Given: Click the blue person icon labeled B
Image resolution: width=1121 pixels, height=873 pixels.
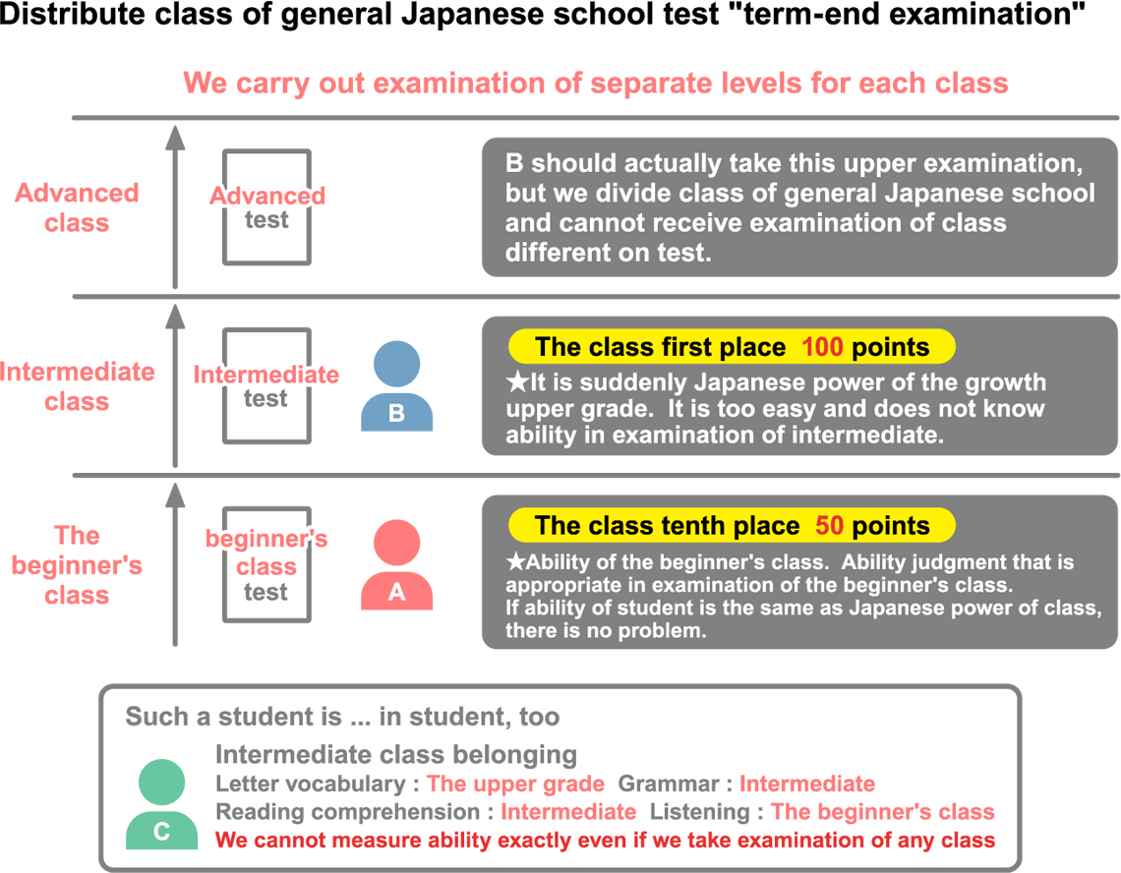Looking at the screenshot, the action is tap(397, 386).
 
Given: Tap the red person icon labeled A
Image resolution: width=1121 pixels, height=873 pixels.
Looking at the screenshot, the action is tap(397, 565).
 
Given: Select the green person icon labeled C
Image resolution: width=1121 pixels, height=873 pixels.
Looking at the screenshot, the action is tap(161, 804).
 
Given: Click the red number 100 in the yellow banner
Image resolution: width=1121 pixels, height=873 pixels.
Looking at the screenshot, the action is tap(822, 347).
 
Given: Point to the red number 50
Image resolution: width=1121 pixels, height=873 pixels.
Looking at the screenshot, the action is tap(829, 526).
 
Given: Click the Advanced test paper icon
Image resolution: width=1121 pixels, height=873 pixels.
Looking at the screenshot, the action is tap(266, 206).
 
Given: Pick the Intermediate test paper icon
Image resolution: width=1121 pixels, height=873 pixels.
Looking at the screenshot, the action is tap(266, 385).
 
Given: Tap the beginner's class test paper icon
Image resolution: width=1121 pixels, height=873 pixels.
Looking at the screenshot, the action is tap(266, 564).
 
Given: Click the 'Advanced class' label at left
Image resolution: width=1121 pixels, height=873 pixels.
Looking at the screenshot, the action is tap(78, 207).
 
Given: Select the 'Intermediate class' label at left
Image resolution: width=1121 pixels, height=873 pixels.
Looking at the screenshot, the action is tap(77, 386).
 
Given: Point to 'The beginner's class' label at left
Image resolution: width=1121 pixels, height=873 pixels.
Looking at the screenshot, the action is tap(78, 565).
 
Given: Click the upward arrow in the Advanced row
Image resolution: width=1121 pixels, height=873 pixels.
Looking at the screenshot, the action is tap(175, 207).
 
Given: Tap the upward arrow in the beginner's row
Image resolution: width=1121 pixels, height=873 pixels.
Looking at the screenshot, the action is tap(175, 564).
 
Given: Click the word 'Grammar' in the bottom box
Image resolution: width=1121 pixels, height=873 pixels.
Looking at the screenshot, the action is tap(669, 785).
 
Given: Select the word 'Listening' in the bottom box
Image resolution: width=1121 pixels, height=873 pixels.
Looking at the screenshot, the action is tap(699, 813).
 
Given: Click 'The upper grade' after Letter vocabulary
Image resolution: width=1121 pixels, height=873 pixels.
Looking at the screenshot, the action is tap(515, 785).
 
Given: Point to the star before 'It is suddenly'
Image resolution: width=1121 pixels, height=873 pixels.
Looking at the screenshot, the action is tap(517, 382).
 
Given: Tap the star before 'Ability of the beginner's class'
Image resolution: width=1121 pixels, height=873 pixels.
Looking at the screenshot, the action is tap(515, 562).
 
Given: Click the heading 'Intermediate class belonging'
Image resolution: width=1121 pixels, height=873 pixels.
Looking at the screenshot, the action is tap(396, 755).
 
